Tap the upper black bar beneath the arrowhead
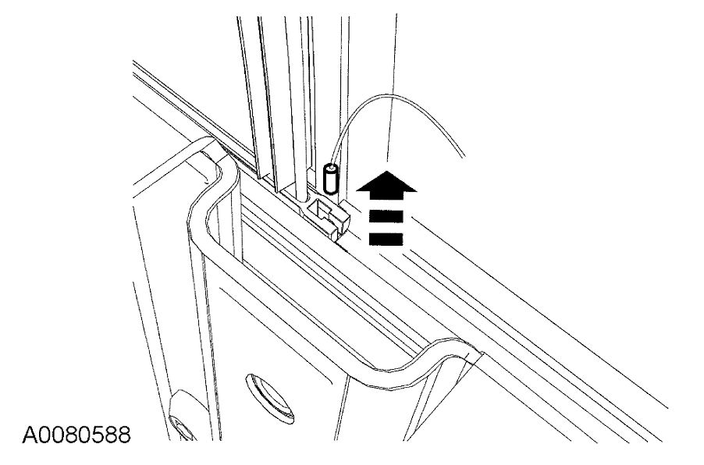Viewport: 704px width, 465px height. [386, 216]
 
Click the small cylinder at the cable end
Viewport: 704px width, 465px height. [331, 179]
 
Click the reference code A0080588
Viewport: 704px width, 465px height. [66, 432]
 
